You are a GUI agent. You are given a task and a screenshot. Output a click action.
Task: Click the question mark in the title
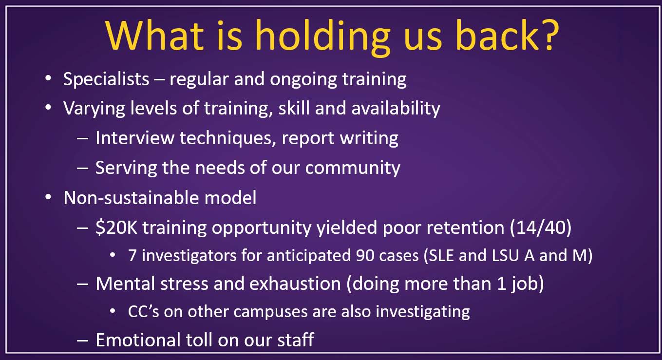click(549, 35)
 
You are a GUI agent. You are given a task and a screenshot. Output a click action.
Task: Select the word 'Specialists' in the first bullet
click(106, 79)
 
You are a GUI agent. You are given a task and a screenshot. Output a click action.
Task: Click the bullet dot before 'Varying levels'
click(48, 107)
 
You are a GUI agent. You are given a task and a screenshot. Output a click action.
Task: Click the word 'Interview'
click(135, 138)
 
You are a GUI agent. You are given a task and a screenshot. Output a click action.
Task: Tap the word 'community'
click(353, 168)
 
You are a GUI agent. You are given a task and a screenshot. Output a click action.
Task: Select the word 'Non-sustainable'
click(131, 197)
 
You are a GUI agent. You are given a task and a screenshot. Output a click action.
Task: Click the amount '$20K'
click(116, 227)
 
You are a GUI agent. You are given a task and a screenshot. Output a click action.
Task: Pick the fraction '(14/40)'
click(541, 227)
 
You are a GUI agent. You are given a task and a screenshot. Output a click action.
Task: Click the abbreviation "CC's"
click(144, 311)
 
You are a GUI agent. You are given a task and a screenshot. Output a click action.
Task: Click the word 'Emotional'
click(138, 340)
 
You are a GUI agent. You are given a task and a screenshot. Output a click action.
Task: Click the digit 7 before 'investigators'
click(132, 255)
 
